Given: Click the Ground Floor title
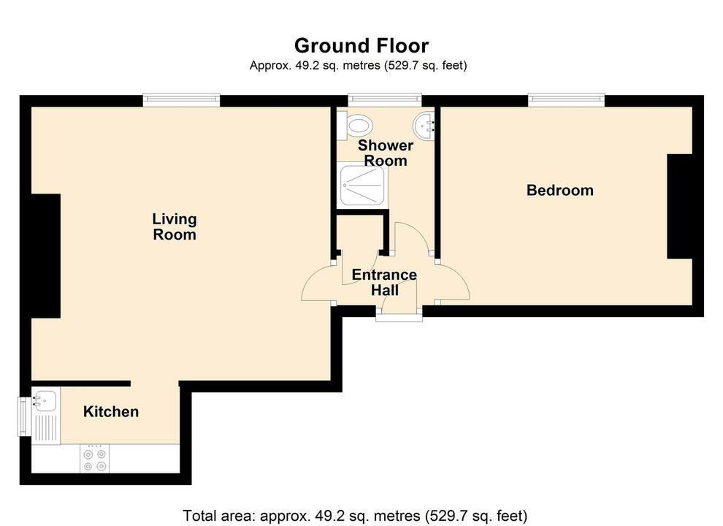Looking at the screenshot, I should pyautogui.click(x=361, y=45).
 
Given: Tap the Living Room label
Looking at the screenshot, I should pyautogui.click(x=174, y=226).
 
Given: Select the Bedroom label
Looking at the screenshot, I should pyautogui.click(x=560, y=191).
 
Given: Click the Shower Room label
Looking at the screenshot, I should pyautogui.click(x=385, y=153).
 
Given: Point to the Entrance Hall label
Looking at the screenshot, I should pyautogui.click(x=384, y=282).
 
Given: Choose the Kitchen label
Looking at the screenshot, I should pyautogui.click(x=110, y=412).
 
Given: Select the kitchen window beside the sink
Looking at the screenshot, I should pyautogui.click(x=23, y=416).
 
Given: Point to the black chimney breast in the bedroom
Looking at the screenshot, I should pyautogui.click(x=679, y=206).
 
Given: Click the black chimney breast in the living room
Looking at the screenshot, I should pyautogui.click(x=45, y=256).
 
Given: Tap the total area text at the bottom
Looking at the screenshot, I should pyautogui.click(x=354, y=516).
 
